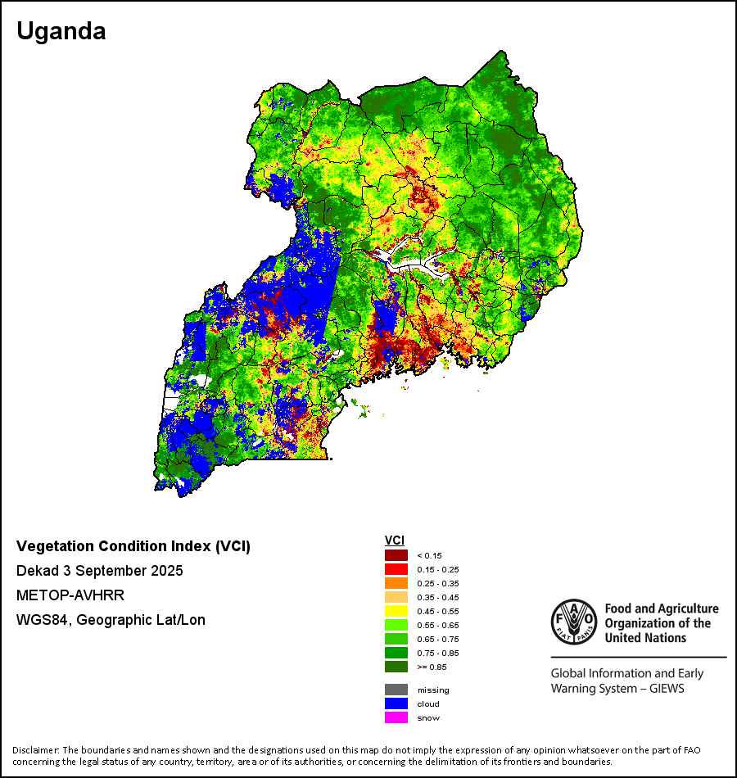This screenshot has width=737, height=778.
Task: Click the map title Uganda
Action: click(x=61, y=32)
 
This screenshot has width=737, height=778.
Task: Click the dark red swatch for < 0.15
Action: click(x=396, y=555)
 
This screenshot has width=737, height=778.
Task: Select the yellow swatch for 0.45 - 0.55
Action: click(x=396, y=611)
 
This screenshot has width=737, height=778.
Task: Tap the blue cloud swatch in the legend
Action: click(x=396, y=703)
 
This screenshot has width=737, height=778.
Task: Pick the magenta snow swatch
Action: click(x=396, y=717)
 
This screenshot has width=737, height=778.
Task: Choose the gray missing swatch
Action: click(x=396, y=690)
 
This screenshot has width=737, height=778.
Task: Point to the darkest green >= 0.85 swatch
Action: click(x=396, y=667)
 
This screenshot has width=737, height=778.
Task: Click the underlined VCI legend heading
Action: click(x=394, y=541)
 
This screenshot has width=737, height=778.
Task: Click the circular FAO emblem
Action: click(x=573, y=622)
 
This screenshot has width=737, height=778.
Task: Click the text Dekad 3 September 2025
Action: click(x=99, y=571)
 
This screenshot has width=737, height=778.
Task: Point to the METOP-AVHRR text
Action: click(x=70, y=595)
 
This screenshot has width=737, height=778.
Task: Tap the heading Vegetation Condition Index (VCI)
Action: click(x=133, y=546)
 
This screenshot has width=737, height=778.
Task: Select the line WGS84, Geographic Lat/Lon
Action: click(x=111, y=620)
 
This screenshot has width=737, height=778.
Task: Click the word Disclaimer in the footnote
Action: click(x=34, y=750)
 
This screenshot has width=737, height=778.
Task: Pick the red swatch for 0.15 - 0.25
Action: click(x=396, y=569)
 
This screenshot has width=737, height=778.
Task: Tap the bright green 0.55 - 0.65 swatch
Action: click(x=396, y=625)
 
